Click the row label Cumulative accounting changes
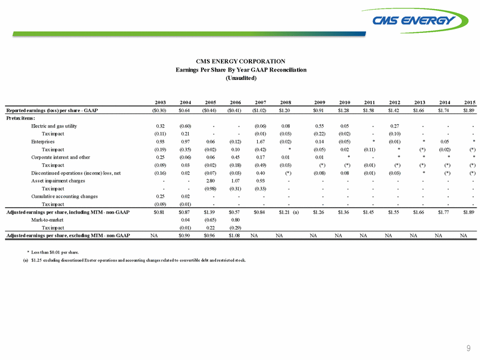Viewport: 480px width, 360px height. [x=62, y=196]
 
